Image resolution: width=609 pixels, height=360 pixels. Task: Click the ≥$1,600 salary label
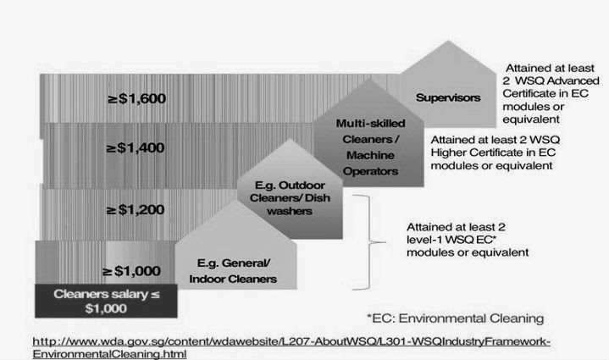click(x=136, y=98)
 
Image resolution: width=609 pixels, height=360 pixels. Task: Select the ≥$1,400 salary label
click(x=136, y=148)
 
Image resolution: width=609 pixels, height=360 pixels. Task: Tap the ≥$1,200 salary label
click(x=136, y=210)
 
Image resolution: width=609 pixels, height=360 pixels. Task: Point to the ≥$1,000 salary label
click(x=131, y=271)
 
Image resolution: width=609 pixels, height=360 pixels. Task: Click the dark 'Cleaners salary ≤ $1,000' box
click(x=106, y=301)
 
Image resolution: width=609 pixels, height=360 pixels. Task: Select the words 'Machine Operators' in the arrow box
click(x=370, y=163)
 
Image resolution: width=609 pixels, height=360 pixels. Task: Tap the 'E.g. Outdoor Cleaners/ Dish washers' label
click(x=290, y=198)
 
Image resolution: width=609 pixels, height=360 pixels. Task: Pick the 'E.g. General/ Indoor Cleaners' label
click(x=233, y=271)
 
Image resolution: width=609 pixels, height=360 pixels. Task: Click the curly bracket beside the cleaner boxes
click(x=368, y=242)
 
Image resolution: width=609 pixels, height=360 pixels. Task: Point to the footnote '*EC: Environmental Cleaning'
click(x=455, y=318)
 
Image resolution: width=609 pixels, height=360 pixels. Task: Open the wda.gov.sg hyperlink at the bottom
click(x=291, y=347)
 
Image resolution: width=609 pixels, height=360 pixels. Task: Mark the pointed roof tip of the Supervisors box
click(x=449, y=41)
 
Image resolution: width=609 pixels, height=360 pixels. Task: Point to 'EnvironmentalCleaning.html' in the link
click(x=109, y=354)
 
